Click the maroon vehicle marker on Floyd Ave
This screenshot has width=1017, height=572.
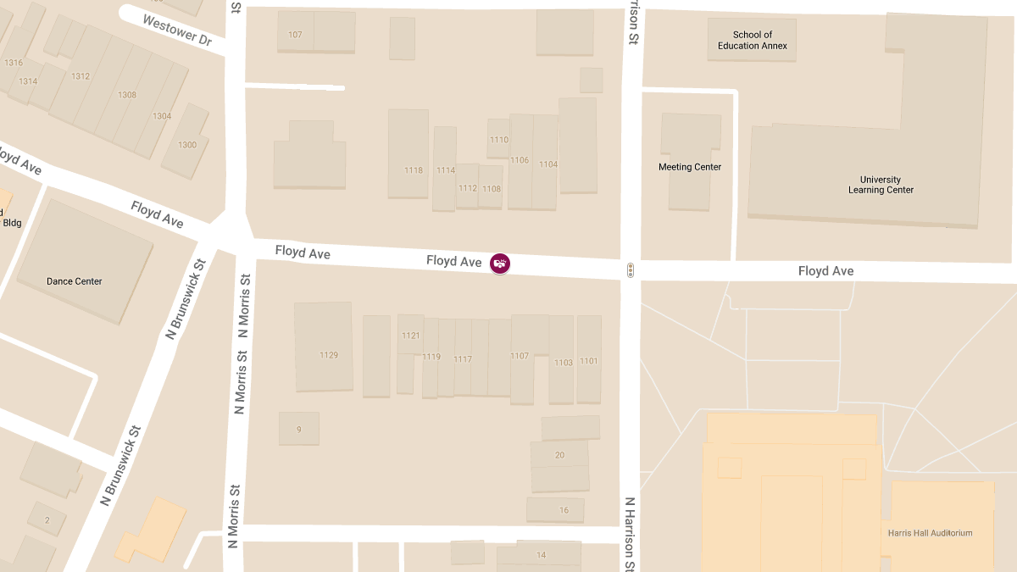pos(500,264)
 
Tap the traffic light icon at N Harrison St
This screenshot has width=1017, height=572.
pos(631,270)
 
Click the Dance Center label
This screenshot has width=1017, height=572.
pos(74,281)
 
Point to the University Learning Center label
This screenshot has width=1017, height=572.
pos(881,185)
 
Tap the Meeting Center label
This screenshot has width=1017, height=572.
pos(690,167)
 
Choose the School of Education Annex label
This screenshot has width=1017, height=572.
pos(752,41)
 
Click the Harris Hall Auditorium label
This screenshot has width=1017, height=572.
pos(930,533)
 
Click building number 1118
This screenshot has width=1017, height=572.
pos(413,170)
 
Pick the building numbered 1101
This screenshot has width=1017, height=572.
pos(588,361)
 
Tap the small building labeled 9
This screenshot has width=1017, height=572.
pos(298,430)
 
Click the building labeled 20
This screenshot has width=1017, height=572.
pos(559,455)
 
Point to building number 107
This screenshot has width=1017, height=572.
pos(295,35)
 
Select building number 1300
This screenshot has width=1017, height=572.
pos(186,145)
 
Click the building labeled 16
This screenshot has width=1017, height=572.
pos(564,510)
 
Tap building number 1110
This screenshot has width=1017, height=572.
pos(499,140)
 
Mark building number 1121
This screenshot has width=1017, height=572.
pos(410,336)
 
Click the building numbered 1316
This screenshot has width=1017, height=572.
pos(13,63)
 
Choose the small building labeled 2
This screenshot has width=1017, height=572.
pos(47,519)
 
